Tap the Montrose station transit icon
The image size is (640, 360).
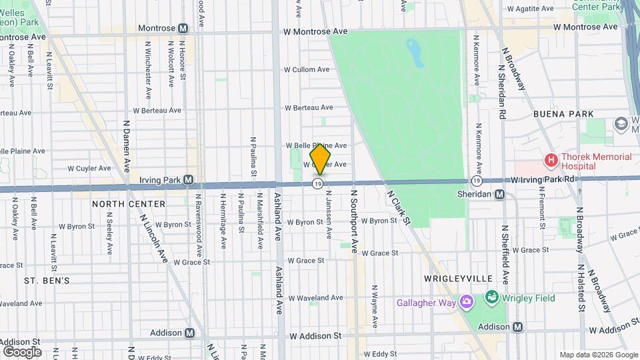tap(183, 28)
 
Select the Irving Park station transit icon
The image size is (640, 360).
tap(189, 180)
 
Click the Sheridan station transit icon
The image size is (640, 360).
tap(500, 194)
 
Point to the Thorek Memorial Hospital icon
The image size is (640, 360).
tap(551, 160)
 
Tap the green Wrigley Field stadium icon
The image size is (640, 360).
tap(492, 297)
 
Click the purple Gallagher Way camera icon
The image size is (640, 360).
tap(466, 303)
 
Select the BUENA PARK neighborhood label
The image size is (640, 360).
tap(563, 114)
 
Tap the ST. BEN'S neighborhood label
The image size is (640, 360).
tap(47, 281)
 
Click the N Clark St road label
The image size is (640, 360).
tap(399, 207)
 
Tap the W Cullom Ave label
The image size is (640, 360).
tap(307, 69)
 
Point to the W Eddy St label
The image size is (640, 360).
tap(380, 353)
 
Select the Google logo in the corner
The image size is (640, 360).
tap(21, 351)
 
